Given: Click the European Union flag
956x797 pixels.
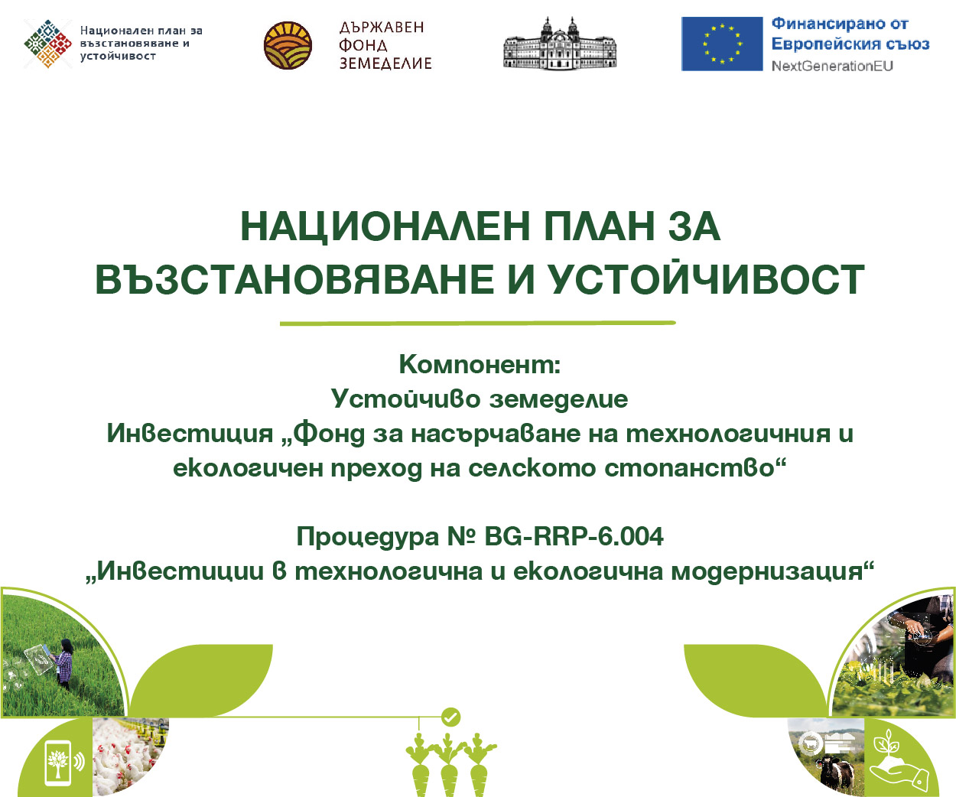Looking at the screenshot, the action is tap(721, 44).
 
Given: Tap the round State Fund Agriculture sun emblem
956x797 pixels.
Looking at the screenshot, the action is tap(288, 45).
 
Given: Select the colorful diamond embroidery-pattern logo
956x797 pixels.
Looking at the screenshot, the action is tap(48, 44).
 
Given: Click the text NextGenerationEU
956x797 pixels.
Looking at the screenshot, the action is tap(832, 66).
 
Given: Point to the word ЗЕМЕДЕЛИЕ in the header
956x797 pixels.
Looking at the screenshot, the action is tap(385, 63).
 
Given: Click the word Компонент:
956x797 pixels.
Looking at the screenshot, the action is tap(480, 364).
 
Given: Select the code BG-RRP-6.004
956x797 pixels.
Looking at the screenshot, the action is tap(574, 536).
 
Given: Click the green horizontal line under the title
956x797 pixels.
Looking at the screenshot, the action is tap(478, 324).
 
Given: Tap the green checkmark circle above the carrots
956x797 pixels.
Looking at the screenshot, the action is tap(450, 717).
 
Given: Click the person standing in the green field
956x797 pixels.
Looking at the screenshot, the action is tap(64, 663).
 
